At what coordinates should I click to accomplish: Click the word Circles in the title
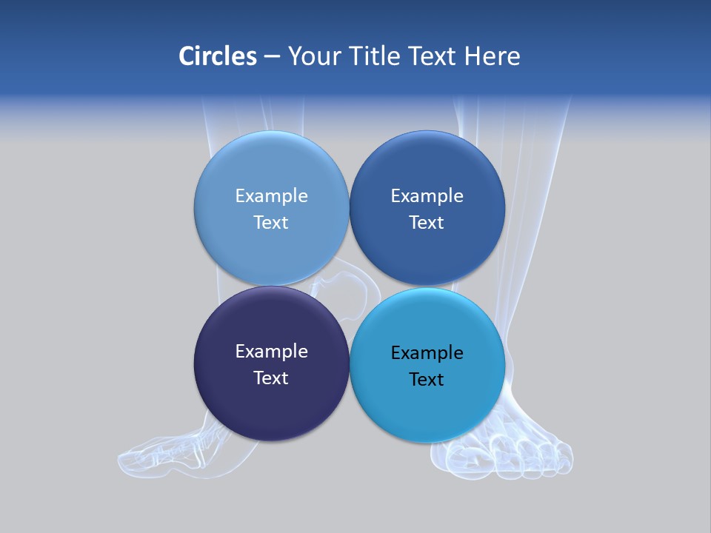pos(218,56)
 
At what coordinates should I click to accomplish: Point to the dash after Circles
pos(272,57)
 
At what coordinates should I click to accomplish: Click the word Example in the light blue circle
pos(271,196)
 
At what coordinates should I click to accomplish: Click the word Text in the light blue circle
pos(271,223)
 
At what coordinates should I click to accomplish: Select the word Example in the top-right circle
pos(427,196)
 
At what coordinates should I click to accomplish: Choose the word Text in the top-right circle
pos(427,223)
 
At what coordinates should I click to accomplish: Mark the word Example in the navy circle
pos(271,352)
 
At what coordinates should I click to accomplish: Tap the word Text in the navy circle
pos(271,378)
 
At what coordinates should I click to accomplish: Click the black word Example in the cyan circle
pos(427,353)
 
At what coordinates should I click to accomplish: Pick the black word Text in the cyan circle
pos(427,380)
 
